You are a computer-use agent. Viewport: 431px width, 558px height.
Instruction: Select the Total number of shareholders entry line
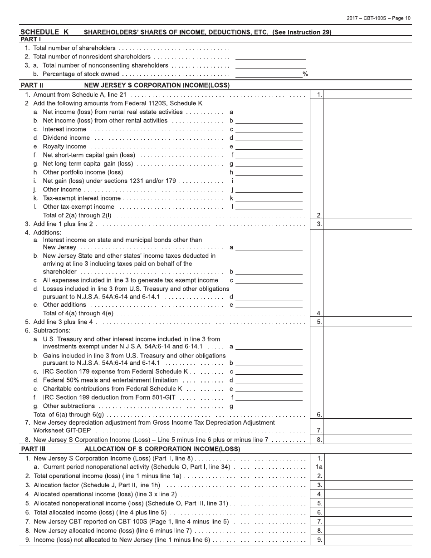click(270, 48)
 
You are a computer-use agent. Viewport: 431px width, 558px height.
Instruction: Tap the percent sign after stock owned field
click(305, 74)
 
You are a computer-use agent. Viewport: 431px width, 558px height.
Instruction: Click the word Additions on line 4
click(47, 233)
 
